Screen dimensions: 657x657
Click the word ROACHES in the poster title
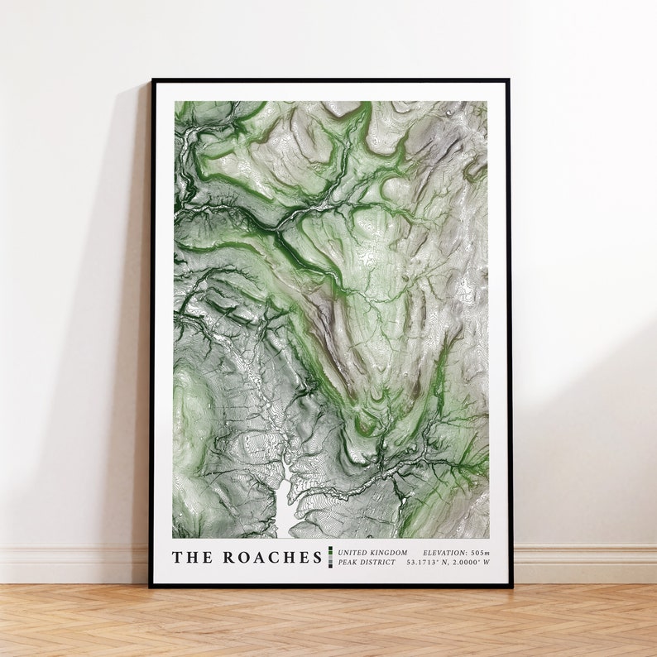pos(272,558)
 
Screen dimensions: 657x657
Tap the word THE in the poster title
pos(192,558)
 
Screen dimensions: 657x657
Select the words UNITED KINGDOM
pos(372,552)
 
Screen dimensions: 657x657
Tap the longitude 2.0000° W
pos(472,563)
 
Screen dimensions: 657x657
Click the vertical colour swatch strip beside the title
pos(330,557)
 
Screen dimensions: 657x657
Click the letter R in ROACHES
pos(229,558)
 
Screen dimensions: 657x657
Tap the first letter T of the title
pos(177,558)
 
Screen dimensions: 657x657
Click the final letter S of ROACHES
pos(315,558)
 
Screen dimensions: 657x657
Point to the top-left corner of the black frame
pos(152,80)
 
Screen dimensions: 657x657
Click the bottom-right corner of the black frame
pos(511,586)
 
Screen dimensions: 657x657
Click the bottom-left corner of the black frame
pos(151,586)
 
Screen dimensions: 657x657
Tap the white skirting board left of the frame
pos(74,563)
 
